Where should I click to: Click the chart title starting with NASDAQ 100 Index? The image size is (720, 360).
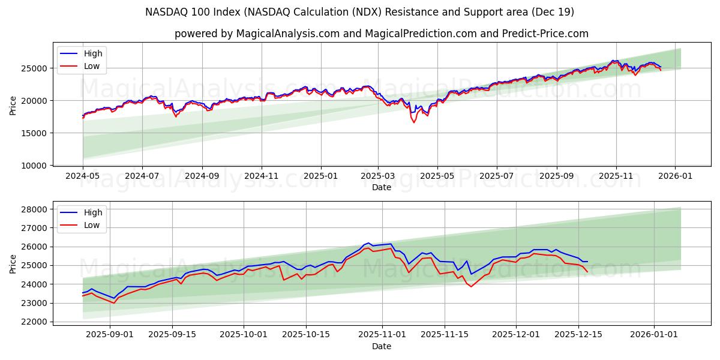tap(359, 12)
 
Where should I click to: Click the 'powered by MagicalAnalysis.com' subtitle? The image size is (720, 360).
tap(381, 34)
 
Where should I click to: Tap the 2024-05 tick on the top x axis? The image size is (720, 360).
tap(83, 176)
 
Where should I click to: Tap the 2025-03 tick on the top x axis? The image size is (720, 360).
tap(378, 176)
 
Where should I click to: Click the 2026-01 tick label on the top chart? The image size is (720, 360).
tap(675, 176)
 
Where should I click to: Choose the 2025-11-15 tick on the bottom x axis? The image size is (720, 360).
tap(445, 335)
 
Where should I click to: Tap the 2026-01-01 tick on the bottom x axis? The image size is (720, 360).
tap(654, 335)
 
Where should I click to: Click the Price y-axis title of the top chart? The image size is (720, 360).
tap(13, 105)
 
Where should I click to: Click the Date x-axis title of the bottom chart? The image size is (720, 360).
tap(381, 346)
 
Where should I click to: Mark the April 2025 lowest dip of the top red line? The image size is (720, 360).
tap(413, 122)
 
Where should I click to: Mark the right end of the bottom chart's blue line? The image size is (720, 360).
tap(587, 262)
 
